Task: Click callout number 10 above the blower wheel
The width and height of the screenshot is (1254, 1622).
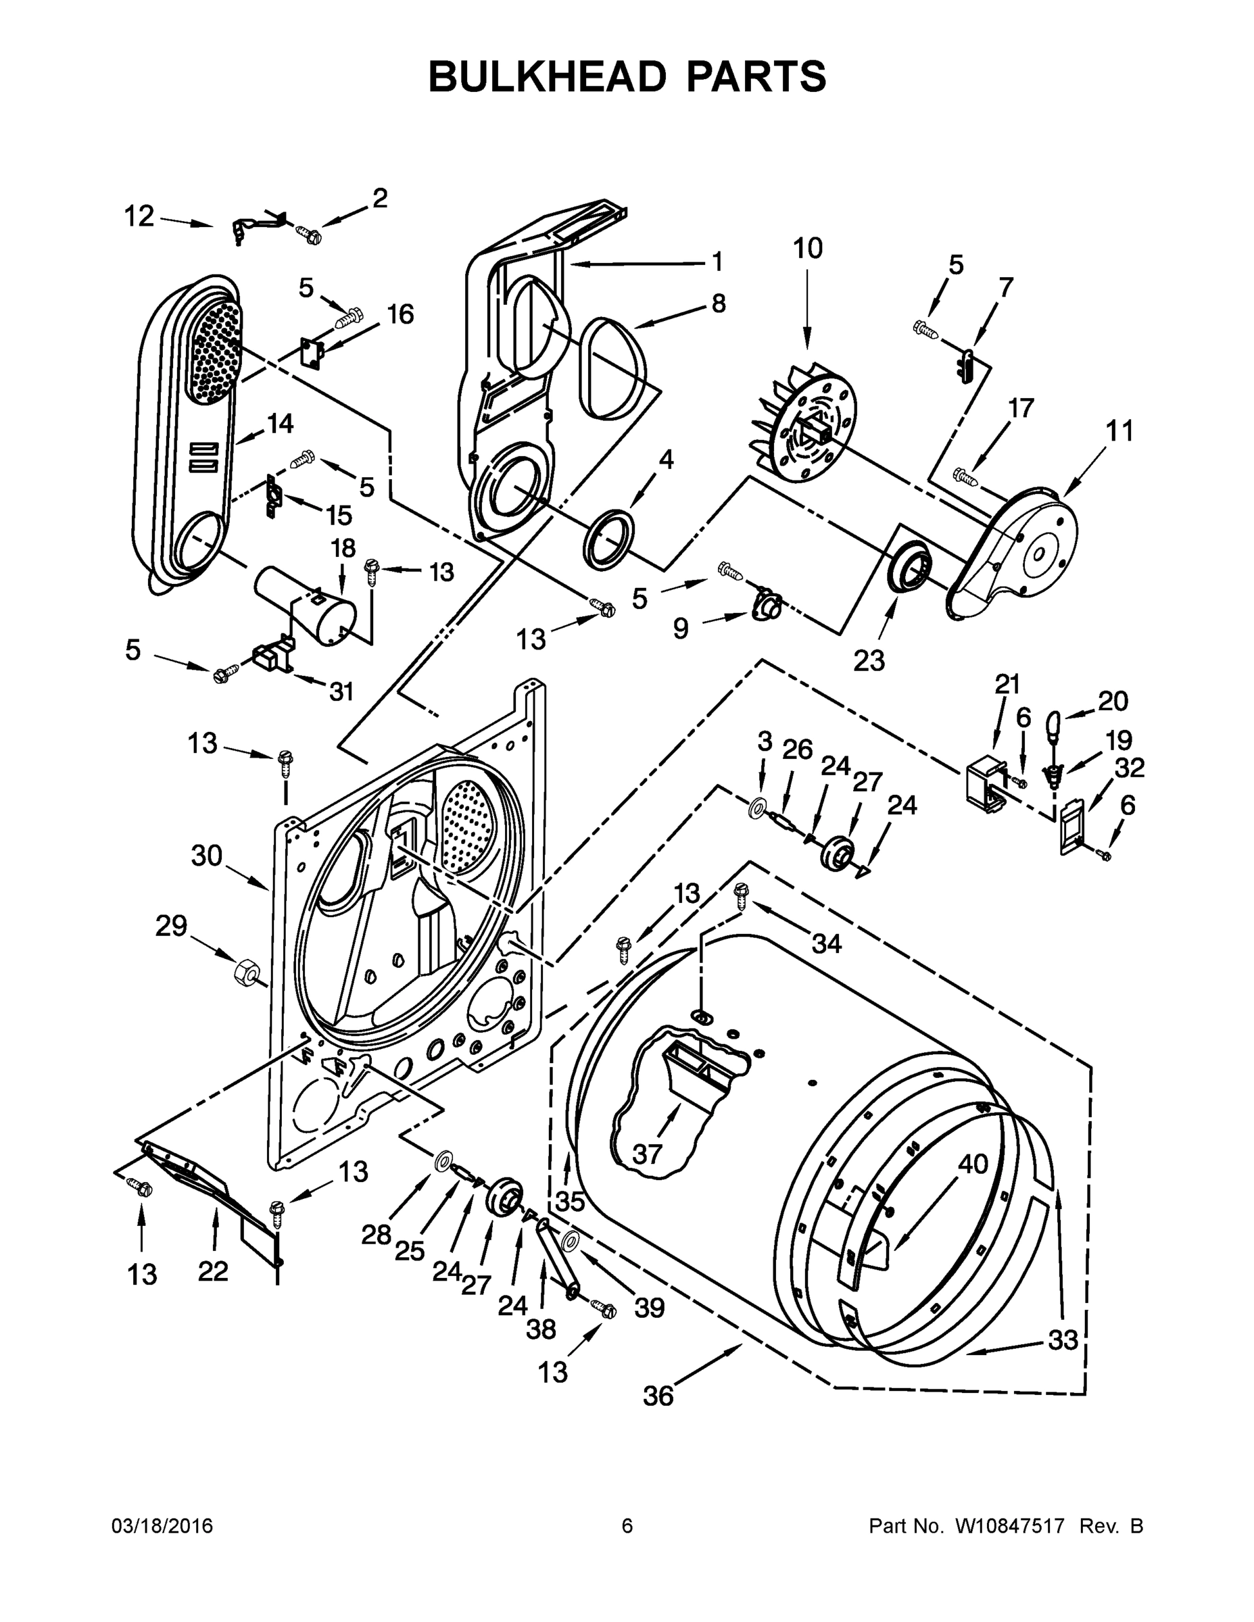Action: [808, 248]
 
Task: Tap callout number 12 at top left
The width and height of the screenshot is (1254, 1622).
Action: [139, 217]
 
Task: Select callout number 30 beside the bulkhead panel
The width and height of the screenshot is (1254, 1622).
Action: [207, 856]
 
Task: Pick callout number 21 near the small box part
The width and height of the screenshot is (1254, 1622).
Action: [1007, 683]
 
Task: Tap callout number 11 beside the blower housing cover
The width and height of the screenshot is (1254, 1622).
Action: [1119, 430]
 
